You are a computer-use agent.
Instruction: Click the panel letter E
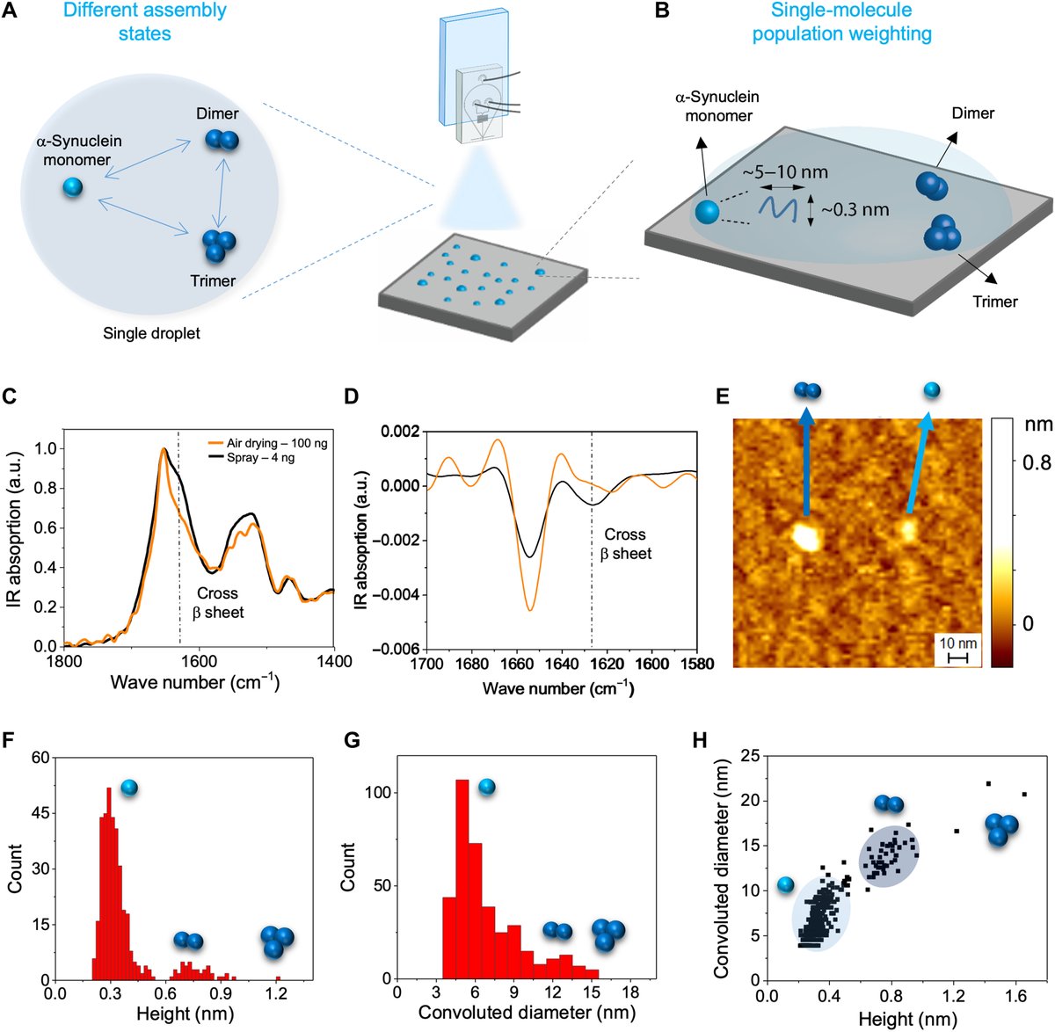coord(724,396)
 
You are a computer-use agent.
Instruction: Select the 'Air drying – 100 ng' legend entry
coord(276,443)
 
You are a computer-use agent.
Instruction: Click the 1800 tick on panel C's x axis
coord(66,661)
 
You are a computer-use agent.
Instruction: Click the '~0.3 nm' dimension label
coord(854,210)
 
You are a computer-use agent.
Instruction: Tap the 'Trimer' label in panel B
coord(994,302)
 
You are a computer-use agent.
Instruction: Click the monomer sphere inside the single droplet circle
coord(72,187)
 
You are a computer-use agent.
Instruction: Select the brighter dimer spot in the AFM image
coord(805,534)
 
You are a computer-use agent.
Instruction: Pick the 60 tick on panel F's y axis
coord(39,757)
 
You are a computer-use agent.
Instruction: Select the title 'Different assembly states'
coord(146,22)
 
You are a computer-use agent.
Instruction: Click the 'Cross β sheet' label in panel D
coord(625,544)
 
